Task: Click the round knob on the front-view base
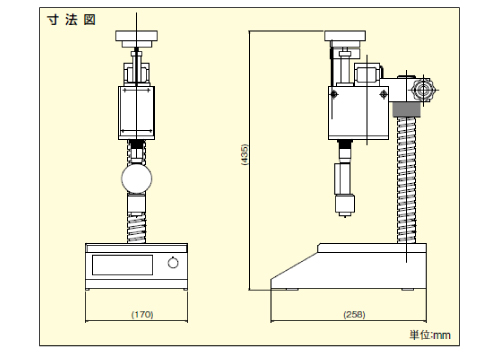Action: click(x=173, y=264)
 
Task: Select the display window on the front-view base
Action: click(x=122, y=264)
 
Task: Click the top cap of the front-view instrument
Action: click(x=137, y=38)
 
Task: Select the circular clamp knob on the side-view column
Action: click(x=421, y=89)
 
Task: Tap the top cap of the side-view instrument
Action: click(x=346, y=38)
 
